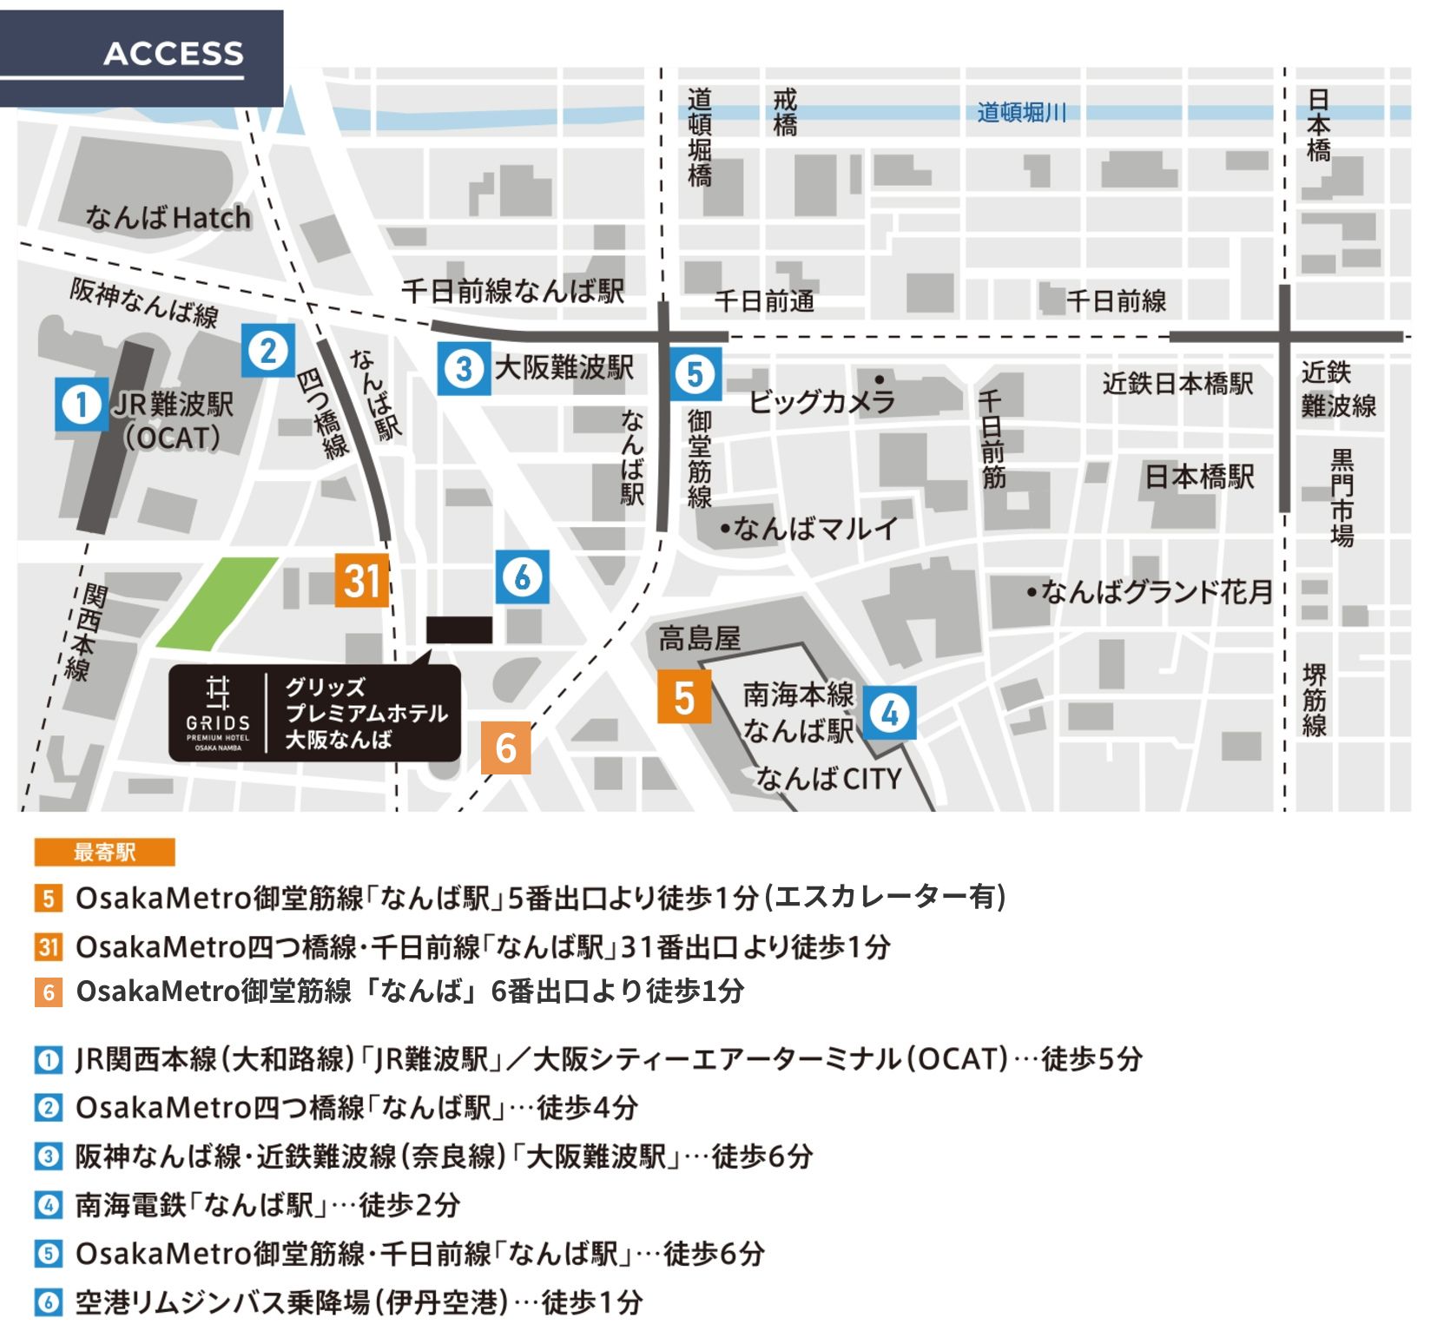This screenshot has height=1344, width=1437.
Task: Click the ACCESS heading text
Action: tap(174, 54)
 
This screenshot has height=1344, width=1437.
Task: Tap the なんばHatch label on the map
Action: tap(168, 217)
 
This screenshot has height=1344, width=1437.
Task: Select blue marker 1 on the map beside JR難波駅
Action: tap(82, 404)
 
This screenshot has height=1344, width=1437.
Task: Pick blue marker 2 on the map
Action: tap(268, 350)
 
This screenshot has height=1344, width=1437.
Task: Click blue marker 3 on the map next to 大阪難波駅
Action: tap(465, 368)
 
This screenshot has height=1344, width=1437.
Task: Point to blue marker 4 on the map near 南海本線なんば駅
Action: tap(890, 713)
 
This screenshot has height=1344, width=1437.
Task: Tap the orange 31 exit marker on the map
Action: tap(362, 580)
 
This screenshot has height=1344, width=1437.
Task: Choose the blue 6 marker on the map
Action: tap(523, 576)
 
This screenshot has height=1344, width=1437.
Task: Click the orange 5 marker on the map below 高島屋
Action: tap(684, 697)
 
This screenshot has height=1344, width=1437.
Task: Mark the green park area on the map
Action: tap(217, 603)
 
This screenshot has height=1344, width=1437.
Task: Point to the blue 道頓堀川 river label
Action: tap(1021, 113)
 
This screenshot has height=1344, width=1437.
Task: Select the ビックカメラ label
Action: tap(821, 401)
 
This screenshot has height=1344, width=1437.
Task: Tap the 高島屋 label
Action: tap(699, 639)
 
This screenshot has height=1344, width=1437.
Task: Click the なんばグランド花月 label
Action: tap(1155, 592)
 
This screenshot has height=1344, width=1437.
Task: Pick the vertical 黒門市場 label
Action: tap(1341, 497)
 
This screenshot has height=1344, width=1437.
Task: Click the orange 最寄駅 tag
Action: tap(104, 853)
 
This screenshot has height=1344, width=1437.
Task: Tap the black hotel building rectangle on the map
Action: tap(459, 630)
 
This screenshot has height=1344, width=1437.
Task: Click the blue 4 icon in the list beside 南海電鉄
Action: tap(49, 1205)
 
